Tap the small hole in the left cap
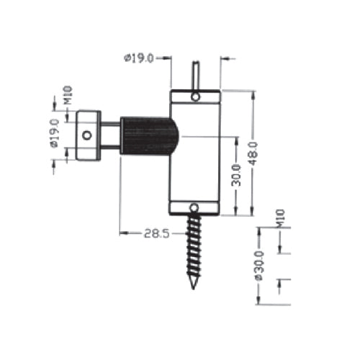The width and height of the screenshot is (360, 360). click(x=87, y=135)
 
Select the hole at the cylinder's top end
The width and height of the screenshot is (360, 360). click(x=194, y=96)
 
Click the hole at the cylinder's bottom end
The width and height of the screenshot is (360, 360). click(x=194, y=209)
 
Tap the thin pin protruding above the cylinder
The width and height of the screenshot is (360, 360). click(x=194, y=76)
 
